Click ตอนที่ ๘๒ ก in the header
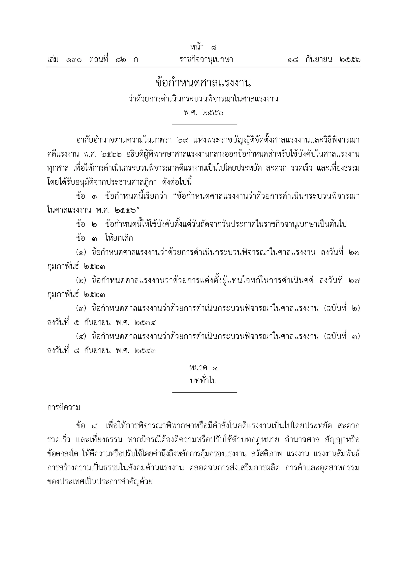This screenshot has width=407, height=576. tap(113, 60)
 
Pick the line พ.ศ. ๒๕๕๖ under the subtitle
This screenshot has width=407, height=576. tap(203, 113)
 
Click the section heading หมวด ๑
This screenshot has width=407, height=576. tap(203, 368)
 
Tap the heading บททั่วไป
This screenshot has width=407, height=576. tap(203, 381)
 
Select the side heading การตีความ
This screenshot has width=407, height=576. tap(64, 408)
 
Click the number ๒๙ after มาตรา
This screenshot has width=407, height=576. tap(183, 140)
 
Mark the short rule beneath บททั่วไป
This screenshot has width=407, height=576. tap(205, 392)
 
